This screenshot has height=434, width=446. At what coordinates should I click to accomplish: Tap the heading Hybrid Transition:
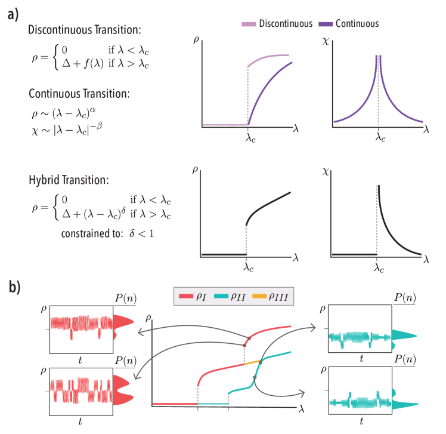[x=69, y=180]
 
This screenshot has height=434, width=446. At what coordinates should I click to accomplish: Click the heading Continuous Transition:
[x=79, y=94]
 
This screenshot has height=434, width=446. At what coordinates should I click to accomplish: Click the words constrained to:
[x=92, y=233]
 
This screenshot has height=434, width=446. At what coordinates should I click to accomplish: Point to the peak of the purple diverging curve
[x=377, y=60]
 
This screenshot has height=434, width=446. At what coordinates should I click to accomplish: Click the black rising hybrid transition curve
[x=268, y=206]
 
